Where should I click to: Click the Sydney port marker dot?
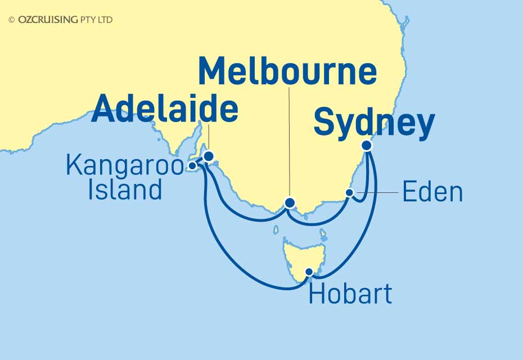(x=367, y=145)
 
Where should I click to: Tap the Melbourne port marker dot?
(x=290, y=203)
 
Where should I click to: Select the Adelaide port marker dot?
(x=208, y=156)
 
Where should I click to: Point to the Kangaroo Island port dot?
(x=192, y=165)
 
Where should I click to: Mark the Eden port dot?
(x=349, y=193)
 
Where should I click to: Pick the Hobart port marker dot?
(x=309, y=272)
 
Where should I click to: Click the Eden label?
(x=432, y=192)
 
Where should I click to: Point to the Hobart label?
(x=350, y=294)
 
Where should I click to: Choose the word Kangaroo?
(x=125, y=165)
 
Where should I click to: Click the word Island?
(x=125, y=190)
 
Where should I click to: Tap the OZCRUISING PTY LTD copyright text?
(x=65, y=20)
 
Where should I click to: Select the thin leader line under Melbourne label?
(x=290, y=141)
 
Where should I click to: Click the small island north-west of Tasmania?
(x=276, y=229)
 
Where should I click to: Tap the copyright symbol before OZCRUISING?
(x=12, y=20)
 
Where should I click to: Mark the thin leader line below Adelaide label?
(x=208, y=138)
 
